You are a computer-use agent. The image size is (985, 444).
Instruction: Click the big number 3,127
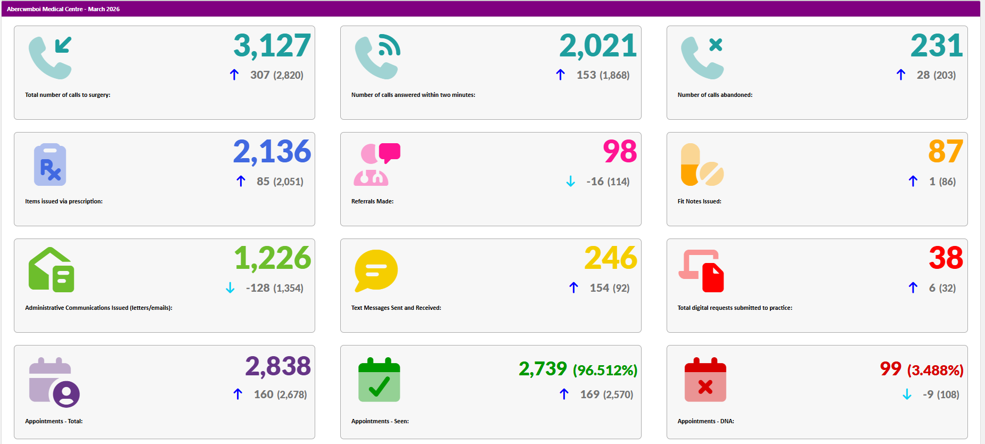272,46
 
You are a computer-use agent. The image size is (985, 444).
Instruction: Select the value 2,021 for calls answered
598,46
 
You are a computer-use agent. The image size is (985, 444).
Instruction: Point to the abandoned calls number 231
937,45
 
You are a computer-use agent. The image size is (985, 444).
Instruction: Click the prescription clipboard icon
50,165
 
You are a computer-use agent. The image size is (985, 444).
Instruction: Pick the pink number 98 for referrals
620,152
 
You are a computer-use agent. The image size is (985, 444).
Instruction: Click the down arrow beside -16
571,182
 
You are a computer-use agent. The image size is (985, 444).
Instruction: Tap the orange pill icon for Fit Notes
702,165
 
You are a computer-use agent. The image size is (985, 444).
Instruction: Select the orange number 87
946,152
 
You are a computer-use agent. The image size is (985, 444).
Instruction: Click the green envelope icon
51,270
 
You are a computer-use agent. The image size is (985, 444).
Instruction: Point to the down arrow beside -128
230,288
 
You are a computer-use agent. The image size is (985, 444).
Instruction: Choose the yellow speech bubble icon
376,270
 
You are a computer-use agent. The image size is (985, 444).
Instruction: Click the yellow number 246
611,258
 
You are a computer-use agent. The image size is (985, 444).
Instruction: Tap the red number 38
946,258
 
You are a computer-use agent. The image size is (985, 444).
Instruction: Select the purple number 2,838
278,366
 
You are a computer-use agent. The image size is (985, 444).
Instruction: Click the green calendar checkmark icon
379,380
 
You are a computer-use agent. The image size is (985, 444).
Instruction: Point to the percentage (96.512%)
605,370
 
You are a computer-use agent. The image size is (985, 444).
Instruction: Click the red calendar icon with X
705,380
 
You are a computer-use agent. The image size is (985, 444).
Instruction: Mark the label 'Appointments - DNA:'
705,421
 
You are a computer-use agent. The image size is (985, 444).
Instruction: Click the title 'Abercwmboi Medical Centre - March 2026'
63,9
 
